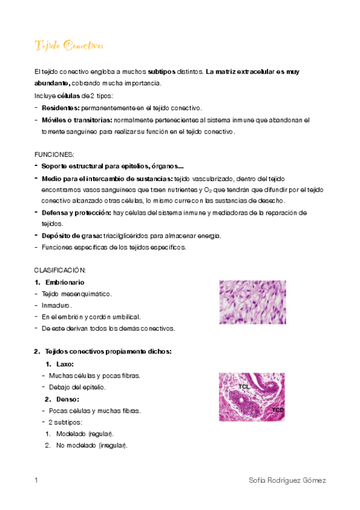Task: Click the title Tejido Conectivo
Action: (69, 46)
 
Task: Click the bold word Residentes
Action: (60, 108)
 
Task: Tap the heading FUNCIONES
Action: (54, 155)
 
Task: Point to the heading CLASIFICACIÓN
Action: (60, 270)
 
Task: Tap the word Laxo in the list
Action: (65, 364)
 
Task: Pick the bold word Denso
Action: (67, 399)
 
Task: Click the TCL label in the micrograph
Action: (244, 387)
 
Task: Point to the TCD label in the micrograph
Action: (277, 410)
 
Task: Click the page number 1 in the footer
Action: (37, 481)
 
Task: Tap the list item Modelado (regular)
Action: (85, 434)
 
